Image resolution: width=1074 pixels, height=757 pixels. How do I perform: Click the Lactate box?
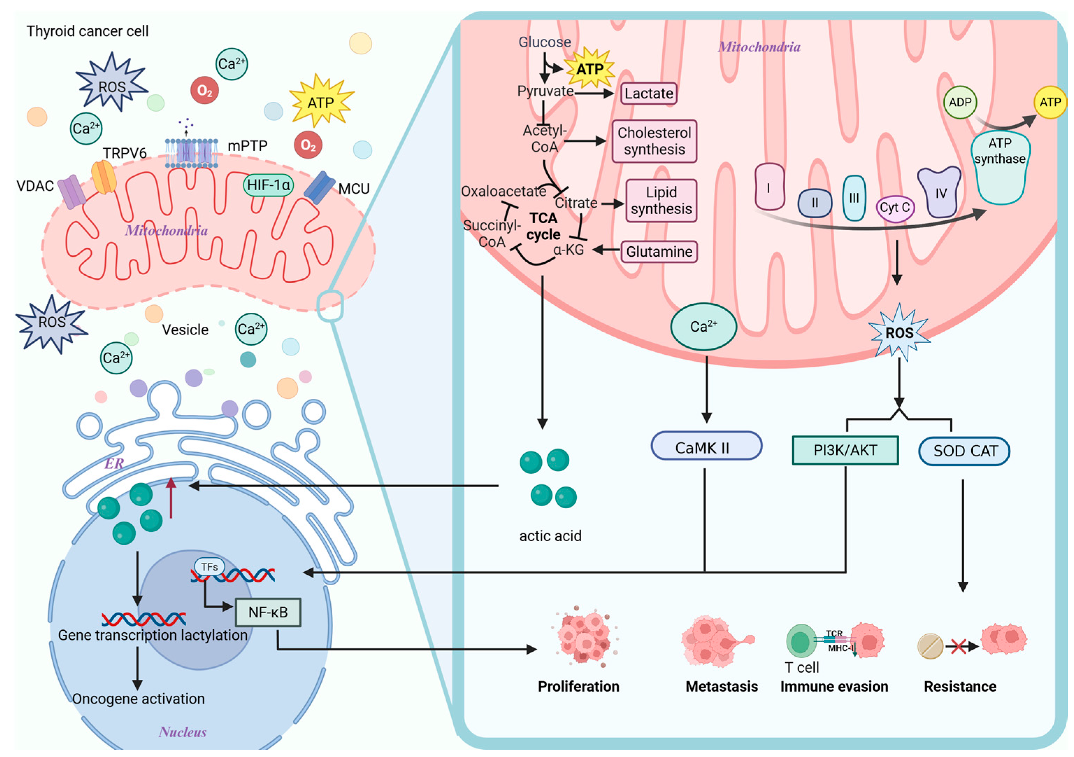[x=648, y=93]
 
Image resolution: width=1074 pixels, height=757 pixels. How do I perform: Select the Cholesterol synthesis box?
[x=654, y=141]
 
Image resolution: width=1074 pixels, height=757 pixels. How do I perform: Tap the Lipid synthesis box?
[x=661, y=200]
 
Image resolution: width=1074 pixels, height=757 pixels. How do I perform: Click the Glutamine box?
[x=658, y=252]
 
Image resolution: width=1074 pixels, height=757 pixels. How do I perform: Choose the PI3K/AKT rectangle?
[x=845, y=450]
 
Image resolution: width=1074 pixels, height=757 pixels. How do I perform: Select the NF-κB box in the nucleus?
[x=268, y=612]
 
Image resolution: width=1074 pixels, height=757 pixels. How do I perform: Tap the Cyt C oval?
[x=894, y=208]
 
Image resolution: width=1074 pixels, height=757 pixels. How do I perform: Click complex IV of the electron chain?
[x=940, y=192]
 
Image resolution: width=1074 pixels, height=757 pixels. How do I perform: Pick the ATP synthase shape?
[x=1000, y=169]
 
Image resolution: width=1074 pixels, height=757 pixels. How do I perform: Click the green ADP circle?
[x=960, y=102]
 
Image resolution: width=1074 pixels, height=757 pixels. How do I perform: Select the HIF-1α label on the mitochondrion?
[x=268, y=185]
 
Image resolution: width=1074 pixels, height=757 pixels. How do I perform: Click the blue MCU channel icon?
[x=319, y=187]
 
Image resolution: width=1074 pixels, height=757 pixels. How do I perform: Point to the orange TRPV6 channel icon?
[x=104, y=177]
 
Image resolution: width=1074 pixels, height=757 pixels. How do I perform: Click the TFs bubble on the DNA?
[x=209, y=567]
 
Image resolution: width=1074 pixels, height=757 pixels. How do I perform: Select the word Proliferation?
[x=578, y=686]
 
